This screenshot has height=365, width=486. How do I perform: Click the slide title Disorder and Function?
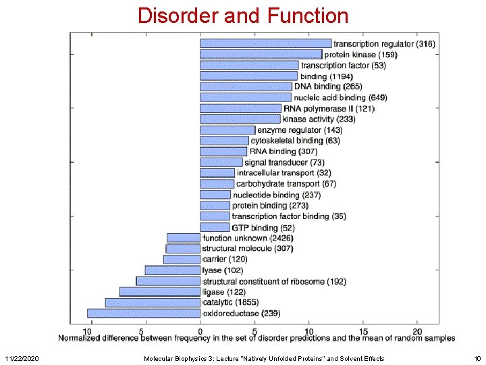[243, 15]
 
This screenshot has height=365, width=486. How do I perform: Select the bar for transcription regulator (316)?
[265, 43]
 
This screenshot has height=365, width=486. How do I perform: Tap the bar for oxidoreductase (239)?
[144, 313]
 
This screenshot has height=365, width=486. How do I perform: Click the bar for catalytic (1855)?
[153, 302]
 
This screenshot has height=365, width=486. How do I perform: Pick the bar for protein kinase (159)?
[261, 54]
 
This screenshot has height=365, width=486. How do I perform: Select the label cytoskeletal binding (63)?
[295, 141]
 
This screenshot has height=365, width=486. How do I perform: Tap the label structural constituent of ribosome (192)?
[274, 281]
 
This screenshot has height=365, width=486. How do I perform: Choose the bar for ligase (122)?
[160, 291]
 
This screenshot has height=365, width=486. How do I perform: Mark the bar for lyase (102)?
[172, 270]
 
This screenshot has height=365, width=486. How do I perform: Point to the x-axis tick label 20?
[416, 331]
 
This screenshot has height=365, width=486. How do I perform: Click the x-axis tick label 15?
[362, 331]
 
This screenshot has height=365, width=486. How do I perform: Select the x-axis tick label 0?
[200, 331]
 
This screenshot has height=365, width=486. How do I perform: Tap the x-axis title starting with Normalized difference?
[256, 338]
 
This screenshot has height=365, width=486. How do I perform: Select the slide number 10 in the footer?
[477, 358]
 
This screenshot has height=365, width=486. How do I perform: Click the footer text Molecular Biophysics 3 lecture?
[264, 358]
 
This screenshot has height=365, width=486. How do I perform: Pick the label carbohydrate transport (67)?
[286, 184]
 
